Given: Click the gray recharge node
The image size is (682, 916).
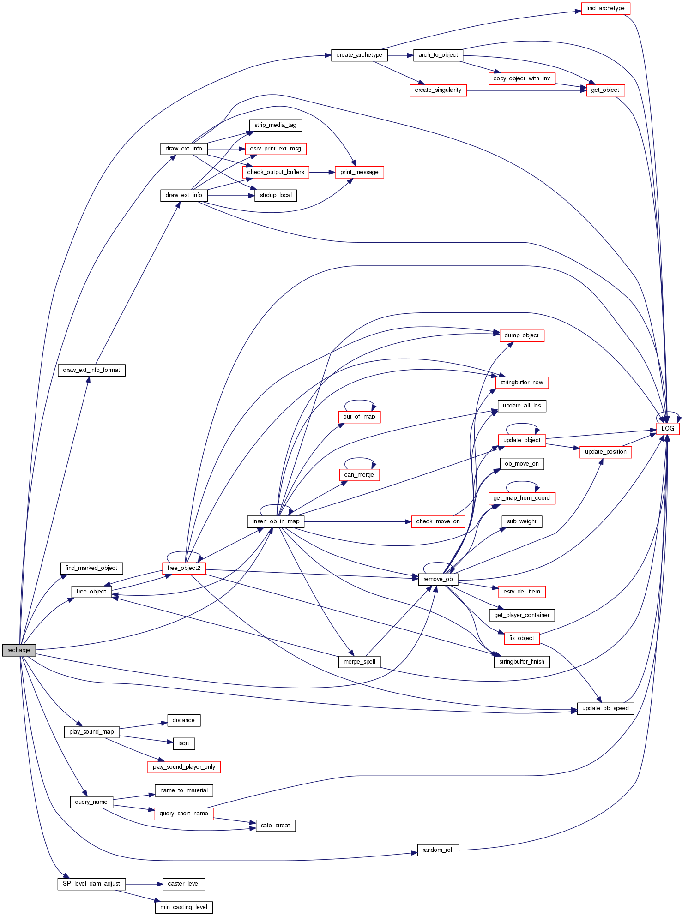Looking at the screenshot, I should pos(19,650).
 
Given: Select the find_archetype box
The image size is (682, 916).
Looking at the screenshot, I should pos(605,8).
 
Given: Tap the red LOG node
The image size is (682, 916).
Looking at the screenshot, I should pos(668,428).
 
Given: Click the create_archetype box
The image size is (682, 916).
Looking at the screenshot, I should pos(359,55).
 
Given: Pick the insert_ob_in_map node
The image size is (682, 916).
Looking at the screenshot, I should pos(276,521).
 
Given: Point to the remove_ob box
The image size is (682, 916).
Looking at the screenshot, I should pos(438,579).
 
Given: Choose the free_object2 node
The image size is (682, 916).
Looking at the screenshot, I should pos(184,568).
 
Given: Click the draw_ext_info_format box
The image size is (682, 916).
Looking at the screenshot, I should pos(91,370).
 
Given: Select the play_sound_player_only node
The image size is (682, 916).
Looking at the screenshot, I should pos(184,767).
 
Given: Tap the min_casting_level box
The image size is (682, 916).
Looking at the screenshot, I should pos(184,907).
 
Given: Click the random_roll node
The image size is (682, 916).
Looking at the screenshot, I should pos(438,850).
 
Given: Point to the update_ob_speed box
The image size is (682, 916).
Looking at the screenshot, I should pos(605,708).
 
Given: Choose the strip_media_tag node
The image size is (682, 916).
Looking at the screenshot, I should pos(275,125).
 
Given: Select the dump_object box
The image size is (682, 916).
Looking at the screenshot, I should pos(521,335).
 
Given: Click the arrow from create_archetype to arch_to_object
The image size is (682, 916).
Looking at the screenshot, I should pos(400,55).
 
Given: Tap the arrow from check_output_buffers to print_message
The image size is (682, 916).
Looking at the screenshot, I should pos(322,172).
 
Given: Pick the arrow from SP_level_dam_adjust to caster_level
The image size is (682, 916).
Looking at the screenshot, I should pos(144,884).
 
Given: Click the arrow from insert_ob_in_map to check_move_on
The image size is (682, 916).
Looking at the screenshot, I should pos(357,522).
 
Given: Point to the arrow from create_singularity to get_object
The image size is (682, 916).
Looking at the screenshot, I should pos(526,90).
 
